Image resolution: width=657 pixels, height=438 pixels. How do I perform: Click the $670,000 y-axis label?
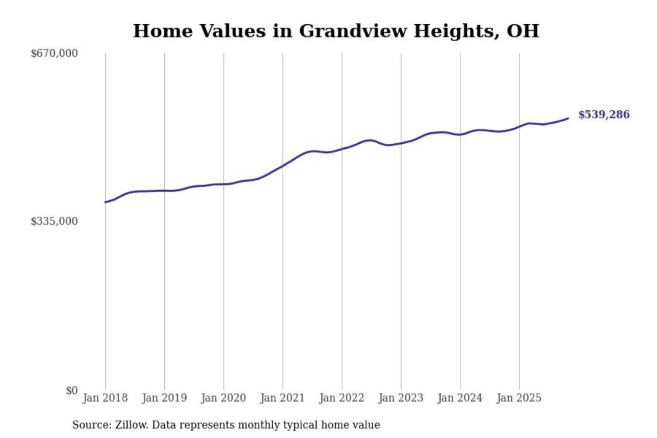(x=54, y=53)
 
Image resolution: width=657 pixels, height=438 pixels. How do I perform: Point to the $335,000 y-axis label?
(x=54, y=221)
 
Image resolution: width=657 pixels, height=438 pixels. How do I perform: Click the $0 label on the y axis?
(x=72, y=391)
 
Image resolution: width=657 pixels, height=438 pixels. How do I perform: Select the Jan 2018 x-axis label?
(x=105, y=398)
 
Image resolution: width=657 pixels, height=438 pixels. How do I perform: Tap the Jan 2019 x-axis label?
(x=164, y=398)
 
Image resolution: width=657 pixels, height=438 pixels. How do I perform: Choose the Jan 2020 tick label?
(x=224, y=398)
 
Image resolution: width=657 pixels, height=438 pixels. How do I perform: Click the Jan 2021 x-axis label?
(x=282, y=398)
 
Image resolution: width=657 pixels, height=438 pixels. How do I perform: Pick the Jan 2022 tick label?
(x=342, y=398)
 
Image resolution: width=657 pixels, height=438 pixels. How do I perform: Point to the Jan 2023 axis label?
(x=401, y=398)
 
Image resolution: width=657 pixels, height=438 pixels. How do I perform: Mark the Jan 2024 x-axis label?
(x=460, y=398)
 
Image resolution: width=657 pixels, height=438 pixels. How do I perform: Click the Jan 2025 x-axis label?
(x=519, y=398)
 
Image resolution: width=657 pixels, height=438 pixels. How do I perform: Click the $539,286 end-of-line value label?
(x=604, y=115)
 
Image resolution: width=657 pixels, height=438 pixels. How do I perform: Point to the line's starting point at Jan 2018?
(x=105, y=202)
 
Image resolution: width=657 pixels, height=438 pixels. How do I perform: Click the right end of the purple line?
(x=568, y=119)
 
